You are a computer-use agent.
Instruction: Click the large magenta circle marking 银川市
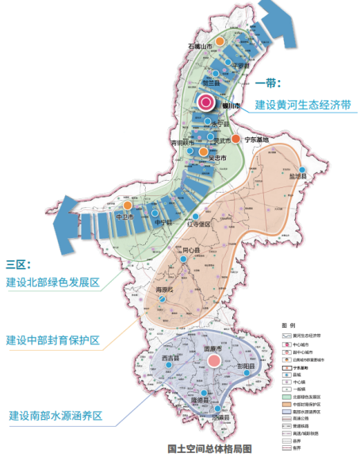[x=206, y=102]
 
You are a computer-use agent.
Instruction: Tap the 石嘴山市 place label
[x=203, y=47]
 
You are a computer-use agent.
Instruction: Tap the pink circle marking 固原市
[x=213, y=362]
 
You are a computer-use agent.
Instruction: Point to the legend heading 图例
[x=288, y=326]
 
